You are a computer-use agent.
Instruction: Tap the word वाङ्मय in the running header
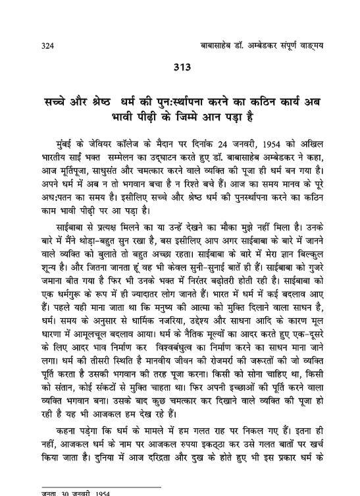tap(317, 45)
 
